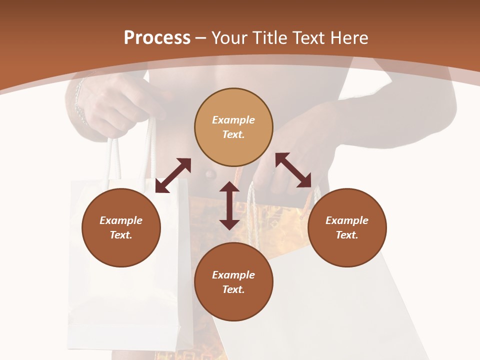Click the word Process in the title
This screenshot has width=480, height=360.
point(157,38)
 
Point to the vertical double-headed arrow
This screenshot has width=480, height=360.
point(229,205)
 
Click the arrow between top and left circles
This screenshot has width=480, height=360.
point(173,175)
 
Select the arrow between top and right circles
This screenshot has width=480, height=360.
point(293,170)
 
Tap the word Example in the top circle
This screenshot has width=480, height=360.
point(233,120)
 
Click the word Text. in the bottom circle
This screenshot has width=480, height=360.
point(233,289)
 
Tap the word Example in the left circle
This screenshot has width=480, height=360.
point(121,220)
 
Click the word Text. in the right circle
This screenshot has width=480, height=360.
point(347,235)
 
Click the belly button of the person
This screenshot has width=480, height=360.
point(209,174)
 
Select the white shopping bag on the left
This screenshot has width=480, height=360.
point(125,300)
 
